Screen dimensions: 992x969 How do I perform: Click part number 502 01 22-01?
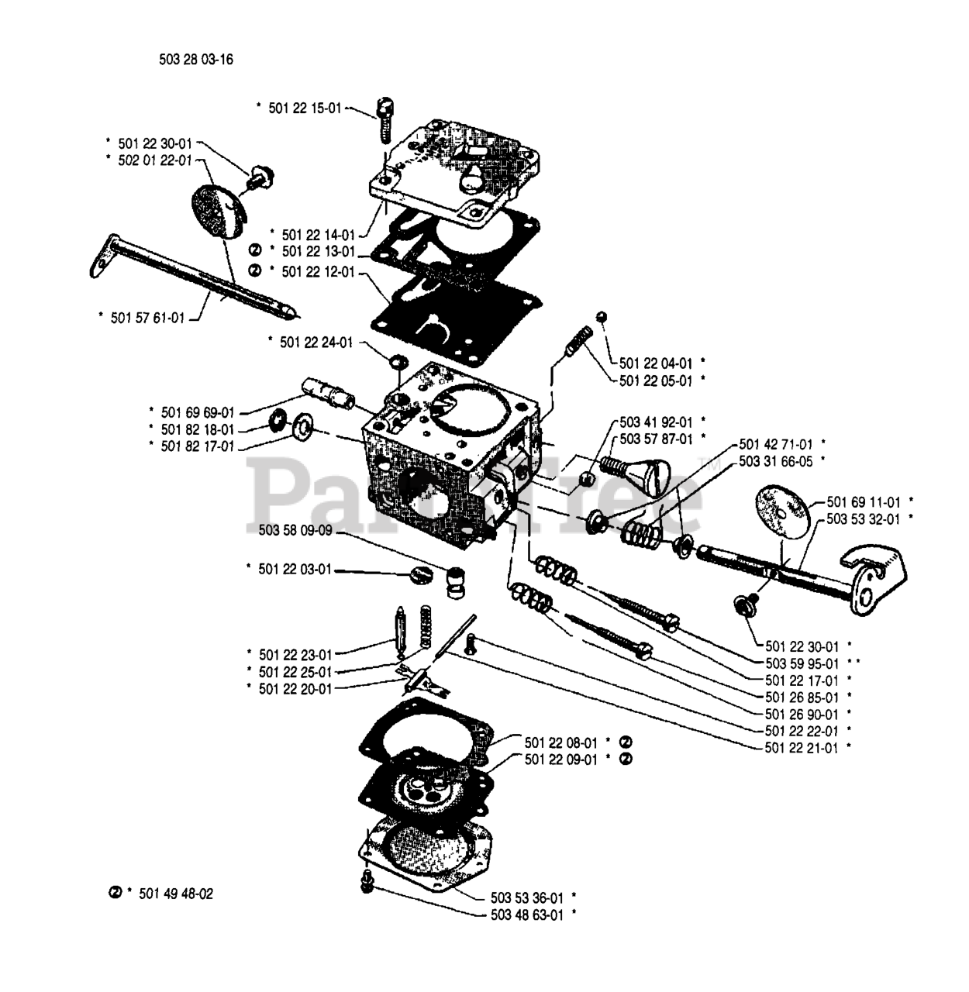click(154, 160)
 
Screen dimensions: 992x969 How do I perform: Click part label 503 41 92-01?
click(656, 422)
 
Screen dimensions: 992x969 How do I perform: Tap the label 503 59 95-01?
click(802, 663)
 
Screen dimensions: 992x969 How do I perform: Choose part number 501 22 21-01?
click(802, 748)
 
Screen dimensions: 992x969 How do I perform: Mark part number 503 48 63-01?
click(527, 914)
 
